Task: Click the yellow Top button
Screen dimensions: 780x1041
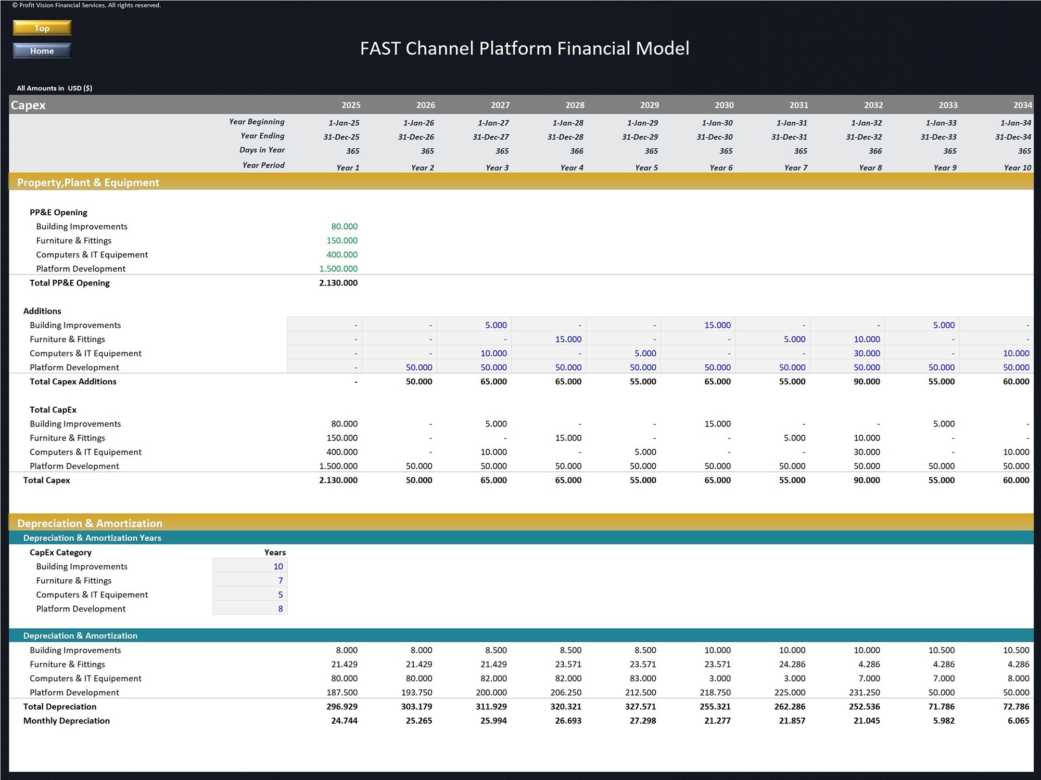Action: pos(42,28)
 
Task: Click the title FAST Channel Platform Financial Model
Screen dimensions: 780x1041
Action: pos(525,48)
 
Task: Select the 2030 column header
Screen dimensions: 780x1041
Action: pos(723,105)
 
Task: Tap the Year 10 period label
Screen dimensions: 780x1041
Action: pos(1017,167)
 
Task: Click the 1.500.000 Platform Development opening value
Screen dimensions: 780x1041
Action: pos(338,269)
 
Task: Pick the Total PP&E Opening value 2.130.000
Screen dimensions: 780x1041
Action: pos(338,283)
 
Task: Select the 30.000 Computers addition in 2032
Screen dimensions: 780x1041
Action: pos(867,353)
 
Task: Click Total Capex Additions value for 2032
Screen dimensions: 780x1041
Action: pos(867,381)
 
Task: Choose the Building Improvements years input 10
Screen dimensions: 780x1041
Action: pos(278,566)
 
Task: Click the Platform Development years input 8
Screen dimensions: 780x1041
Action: pos(280,608)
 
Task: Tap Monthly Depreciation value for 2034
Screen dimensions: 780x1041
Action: pos(1018,721)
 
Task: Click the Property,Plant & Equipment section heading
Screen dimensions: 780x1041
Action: pos(88,183)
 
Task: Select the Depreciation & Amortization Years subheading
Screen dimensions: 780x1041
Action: pos(92,538)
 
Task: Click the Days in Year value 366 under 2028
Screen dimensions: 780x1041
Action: pos(576,151)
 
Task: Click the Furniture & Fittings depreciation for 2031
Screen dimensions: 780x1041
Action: pos(792,664)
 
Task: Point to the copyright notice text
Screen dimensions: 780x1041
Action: pos(86,5)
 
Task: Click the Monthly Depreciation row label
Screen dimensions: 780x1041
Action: pos(67,721)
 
